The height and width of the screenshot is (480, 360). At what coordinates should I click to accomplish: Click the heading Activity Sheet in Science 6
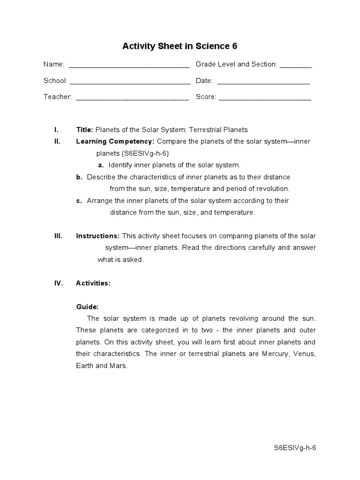[180, 46]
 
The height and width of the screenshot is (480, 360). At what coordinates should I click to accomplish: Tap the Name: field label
[54, 64]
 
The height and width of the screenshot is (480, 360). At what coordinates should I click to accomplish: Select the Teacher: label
[58, 97]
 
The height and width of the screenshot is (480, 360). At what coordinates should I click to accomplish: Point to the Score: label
[206, 97]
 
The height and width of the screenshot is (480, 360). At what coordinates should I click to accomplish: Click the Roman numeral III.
[59, 236]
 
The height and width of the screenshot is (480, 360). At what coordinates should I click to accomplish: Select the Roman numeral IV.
[59, 283]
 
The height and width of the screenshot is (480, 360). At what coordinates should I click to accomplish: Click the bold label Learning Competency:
[115, 142]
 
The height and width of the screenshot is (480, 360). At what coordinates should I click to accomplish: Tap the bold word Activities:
[93, 283]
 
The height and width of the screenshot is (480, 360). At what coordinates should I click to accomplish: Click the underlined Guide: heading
[87, 307]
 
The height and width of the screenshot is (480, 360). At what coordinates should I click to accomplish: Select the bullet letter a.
[101, 165]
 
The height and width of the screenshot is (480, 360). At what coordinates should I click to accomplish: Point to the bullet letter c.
[79, 201]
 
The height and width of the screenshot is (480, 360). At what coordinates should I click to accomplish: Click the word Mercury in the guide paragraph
[274, 354]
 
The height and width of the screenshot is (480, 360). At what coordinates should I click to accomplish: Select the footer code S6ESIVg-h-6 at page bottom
[295, 448]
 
